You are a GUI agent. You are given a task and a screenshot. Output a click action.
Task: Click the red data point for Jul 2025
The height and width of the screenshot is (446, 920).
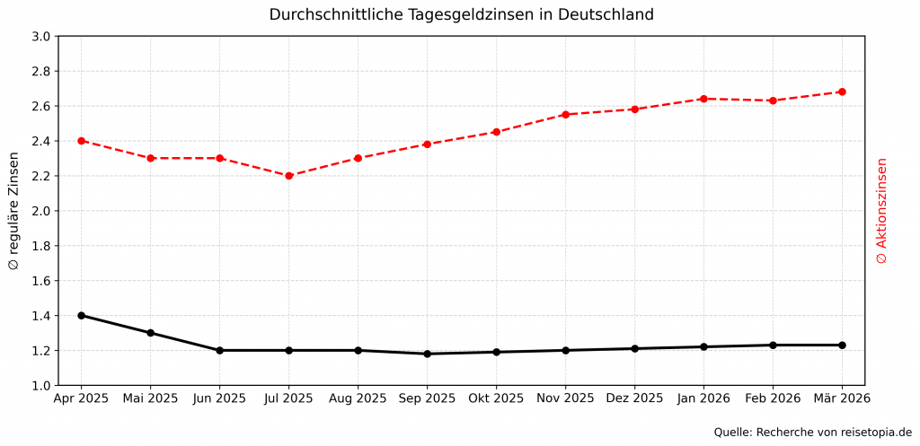pyautogui.click(x=288, y=176)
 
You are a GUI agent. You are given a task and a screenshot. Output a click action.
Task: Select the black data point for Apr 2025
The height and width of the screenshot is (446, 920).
pyautogui.click(x=82, y=316)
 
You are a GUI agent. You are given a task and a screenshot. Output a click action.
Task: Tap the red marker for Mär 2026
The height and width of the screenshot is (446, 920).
pyautogui.click(x=842, y=92)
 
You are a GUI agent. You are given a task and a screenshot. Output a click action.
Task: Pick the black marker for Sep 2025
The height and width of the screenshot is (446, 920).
pyautogui.click(x=427, y=354)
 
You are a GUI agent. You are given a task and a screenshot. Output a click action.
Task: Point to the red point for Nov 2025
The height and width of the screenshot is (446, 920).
pyautogui.click(x=565, y=115)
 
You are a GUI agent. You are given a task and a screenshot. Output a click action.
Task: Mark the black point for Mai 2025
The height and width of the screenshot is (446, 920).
pyautogui.click(x=151, y=333)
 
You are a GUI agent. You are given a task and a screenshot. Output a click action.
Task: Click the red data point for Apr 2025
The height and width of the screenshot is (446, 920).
pyautogui.click(x=82, y=141)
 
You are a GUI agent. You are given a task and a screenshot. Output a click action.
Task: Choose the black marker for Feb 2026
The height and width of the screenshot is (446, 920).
pyautogui.click(x=773, y=345)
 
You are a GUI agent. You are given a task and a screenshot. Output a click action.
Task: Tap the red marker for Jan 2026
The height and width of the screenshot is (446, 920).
pyautogui.click(x=703, y=99)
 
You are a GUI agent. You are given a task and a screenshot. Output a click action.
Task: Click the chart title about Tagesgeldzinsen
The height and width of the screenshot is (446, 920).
pyautogui.click(x=461, y=15)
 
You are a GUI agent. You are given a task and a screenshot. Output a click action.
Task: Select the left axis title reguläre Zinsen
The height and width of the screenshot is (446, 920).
pyautogui.click(x=13, y=211)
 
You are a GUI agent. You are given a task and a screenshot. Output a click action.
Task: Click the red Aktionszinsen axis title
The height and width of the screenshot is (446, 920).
pyautogui.click(x=881, y=211)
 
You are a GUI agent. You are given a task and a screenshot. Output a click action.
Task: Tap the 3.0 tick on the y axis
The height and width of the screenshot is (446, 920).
pyautogui.click(x=41, y=37)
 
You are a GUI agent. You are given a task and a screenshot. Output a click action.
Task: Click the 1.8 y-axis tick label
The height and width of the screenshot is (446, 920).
pyautogui.click(x=41, y=246)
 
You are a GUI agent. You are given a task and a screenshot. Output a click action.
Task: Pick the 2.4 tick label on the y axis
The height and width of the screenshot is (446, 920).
pyautogui.click(x=41, y=142)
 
